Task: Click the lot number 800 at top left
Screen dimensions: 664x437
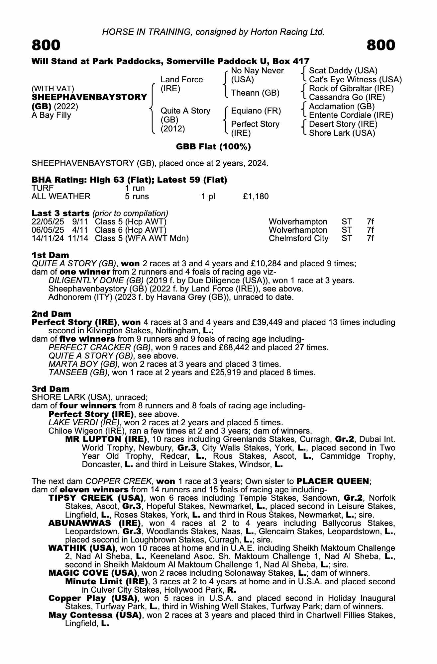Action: [x=46, y=45]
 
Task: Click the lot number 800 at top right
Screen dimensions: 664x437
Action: [x=381, y=45]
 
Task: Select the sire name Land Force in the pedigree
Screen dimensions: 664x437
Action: [x=181, y=80]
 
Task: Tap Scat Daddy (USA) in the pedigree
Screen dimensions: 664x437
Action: [x=343, y=71]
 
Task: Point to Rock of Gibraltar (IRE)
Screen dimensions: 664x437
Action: [x=351, y=89]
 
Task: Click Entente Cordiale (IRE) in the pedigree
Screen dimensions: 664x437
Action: [x=351, y=115]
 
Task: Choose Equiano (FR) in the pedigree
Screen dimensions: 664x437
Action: [x=256, y=111]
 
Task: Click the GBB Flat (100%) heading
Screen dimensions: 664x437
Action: [x=213, y=147]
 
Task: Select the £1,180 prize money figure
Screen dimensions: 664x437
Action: [x=256, y=197]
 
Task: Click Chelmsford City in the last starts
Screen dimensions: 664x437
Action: [x=298, y=238]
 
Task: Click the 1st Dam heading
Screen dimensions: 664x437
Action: [x=50, y=255]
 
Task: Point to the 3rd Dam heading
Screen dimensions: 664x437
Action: [x=51, y=389]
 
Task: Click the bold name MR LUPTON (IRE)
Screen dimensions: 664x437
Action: [x=106, y=439]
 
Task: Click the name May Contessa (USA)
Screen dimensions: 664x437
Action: [x=94, y=615]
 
